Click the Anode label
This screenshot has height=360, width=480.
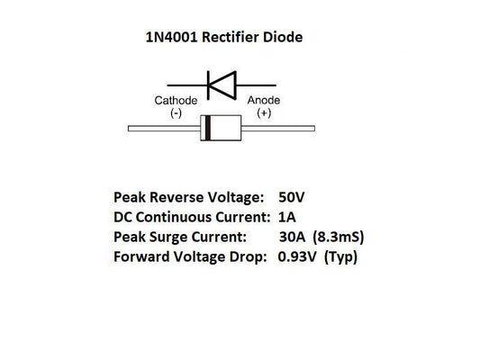pos(265,101)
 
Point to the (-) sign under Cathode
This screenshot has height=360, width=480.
pos(176,113)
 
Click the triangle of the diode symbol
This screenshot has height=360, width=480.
pos(226,83)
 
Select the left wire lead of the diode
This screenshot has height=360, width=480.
pos(162,130)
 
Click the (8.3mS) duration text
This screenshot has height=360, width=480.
pos(341,238)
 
